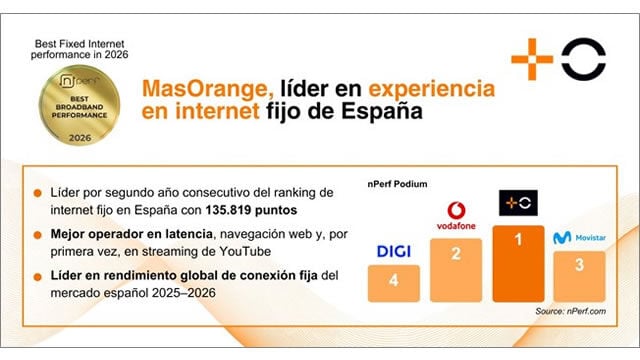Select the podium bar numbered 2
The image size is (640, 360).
tap(455, 267)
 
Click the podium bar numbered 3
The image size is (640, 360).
tap(579, 275)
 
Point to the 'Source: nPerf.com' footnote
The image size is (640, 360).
tap(570, 313)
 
